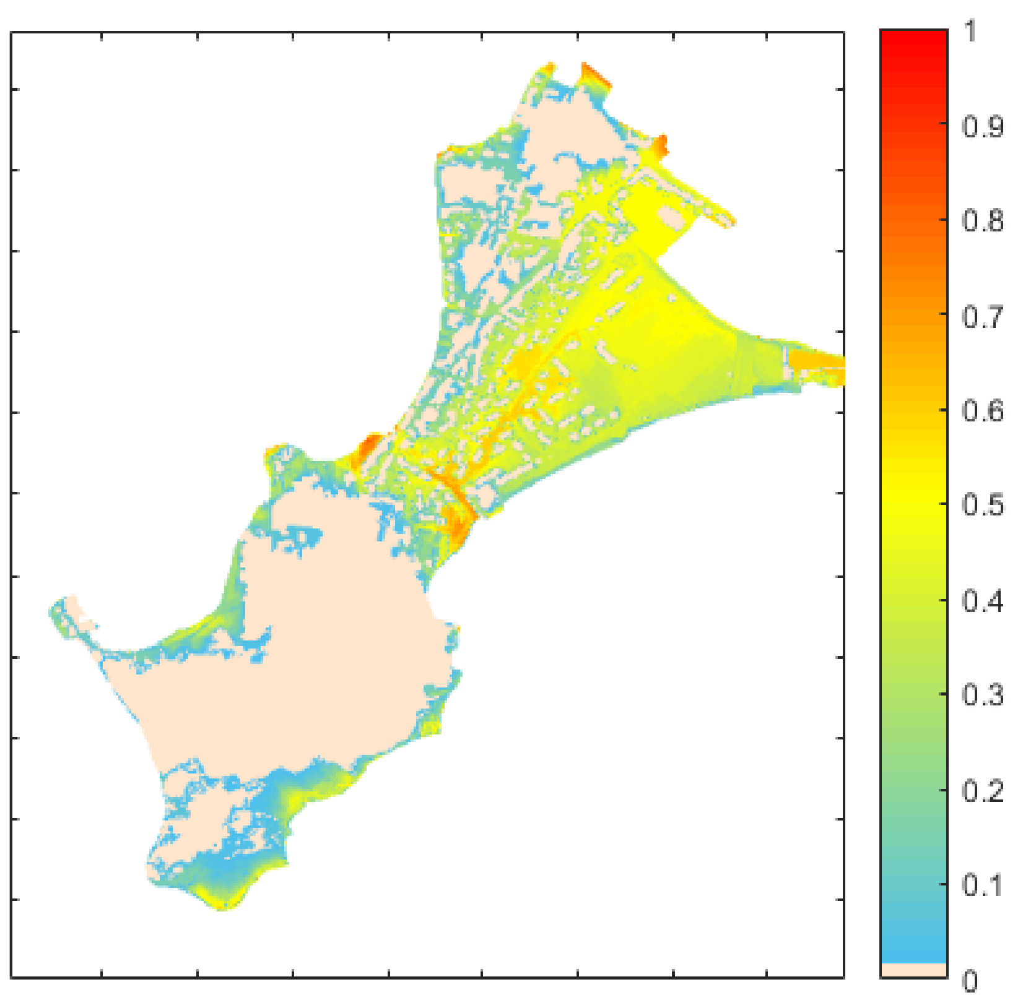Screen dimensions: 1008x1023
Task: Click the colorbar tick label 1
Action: (x=970, y=31)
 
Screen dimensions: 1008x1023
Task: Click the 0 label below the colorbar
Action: (x=970, y=981)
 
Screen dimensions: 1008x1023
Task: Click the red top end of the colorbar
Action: (x=913, y=40)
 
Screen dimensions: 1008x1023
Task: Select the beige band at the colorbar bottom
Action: (x=913, y=970)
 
